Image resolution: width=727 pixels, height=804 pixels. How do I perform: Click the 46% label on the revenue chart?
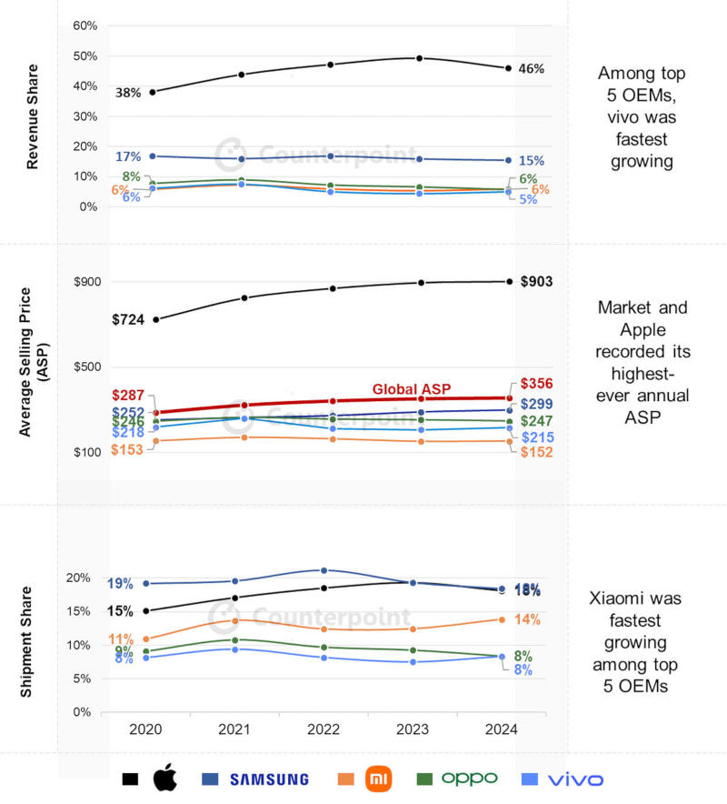pos(531,69)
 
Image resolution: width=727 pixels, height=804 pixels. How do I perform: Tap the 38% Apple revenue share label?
pos(128,93)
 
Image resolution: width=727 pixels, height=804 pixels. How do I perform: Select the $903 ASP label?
pos(537,282)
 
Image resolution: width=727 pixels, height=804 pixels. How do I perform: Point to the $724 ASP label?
pos(129,319)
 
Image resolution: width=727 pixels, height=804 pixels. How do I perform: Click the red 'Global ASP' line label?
pos(412,389)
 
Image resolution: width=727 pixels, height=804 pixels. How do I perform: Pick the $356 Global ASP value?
pos(537,384)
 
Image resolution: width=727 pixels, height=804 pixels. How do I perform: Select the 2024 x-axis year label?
pos(502,729)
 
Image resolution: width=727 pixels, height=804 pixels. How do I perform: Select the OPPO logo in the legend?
pos(469,779)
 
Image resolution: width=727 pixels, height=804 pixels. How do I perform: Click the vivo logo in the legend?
pos(575,779)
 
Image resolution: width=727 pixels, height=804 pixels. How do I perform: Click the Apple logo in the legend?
pos(164,779)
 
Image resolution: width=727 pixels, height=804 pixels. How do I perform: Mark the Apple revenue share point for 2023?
pos(419,58)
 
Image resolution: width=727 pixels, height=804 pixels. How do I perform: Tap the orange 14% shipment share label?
pos(527,620)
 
